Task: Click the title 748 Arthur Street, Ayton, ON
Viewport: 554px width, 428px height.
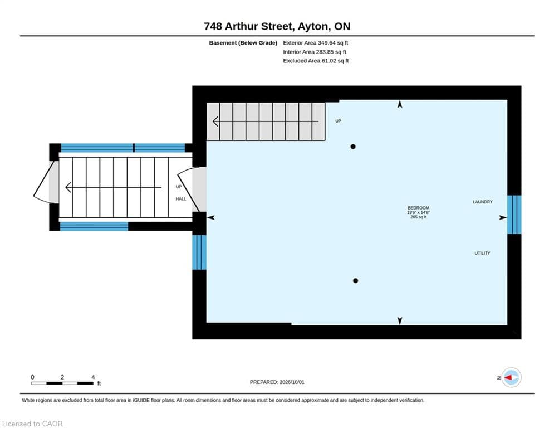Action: [x=277, y=26]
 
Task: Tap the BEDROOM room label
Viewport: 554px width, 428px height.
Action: [x=418, y=208]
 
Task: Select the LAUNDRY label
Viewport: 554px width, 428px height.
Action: [x=483, y=202]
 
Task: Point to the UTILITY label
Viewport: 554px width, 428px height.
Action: [x=482, y=253]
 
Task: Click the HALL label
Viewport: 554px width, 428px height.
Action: [x=180, y=199]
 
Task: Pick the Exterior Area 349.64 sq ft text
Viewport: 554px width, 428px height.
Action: [x=316, y=43]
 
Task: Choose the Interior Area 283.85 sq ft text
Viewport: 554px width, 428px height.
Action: [x=315, y=52]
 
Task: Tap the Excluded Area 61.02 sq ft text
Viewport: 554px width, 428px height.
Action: [x=316, y=61]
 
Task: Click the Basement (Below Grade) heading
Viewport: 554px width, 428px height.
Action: [x=243, y=43]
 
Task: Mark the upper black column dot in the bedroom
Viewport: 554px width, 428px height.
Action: [x=353, y=147]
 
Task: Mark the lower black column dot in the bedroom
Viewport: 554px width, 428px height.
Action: [x=355, y=280]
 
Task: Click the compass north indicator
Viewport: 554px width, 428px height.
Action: [x=511, y=377]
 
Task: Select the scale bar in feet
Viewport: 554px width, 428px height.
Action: [x=62, y=383]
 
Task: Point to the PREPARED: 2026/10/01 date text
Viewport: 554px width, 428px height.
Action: [x=277, y=382]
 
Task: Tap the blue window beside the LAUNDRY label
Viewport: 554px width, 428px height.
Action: [x=514, y=215]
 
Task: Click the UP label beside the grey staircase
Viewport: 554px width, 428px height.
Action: [x=338, y=121]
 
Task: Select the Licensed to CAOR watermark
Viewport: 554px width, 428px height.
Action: [x=32, y=424]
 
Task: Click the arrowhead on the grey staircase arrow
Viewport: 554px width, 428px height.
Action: [x=215, y=121]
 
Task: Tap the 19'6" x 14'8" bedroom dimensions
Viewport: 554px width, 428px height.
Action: [x=418, y=212]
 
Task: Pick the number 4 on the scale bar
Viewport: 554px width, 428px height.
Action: [x=93, y=377]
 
